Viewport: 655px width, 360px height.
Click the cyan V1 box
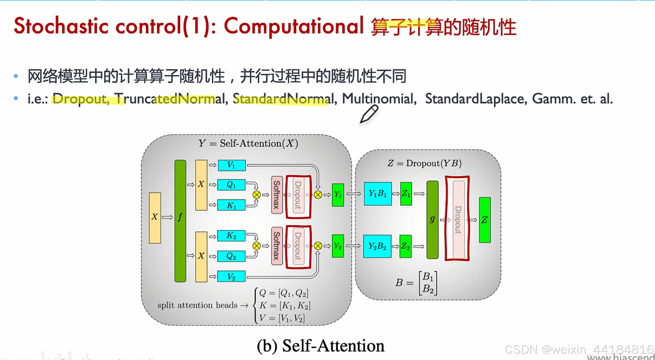tap(232, 165)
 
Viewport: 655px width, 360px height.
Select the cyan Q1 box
tap(231, 185)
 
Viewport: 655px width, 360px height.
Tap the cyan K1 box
tap(231, 205)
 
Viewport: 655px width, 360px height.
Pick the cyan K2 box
tap(231, 236)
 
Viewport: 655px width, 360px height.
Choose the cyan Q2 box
tap(231, 256)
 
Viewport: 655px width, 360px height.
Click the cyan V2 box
tap(231, 276)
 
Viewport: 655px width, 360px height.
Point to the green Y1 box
tap(338, 195)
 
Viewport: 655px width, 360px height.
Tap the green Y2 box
tap(338, 246)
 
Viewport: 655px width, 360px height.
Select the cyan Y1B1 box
tap(378, 194)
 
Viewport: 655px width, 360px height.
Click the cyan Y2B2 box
tap(377, 246)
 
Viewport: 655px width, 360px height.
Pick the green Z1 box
tap(406, 194)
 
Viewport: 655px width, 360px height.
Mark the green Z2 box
tap(406, 246)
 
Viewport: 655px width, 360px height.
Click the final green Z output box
tap(485, 220)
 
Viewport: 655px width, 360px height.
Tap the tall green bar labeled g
tap(432, 220)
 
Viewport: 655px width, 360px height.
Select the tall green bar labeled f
tap(180, 221)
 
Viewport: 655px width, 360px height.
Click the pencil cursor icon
tap(369, 114)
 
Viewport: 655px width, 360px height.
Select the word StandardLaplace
tap(474, 99)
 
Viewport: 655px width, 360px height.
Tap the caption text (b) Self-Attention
tap(321, 346)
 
